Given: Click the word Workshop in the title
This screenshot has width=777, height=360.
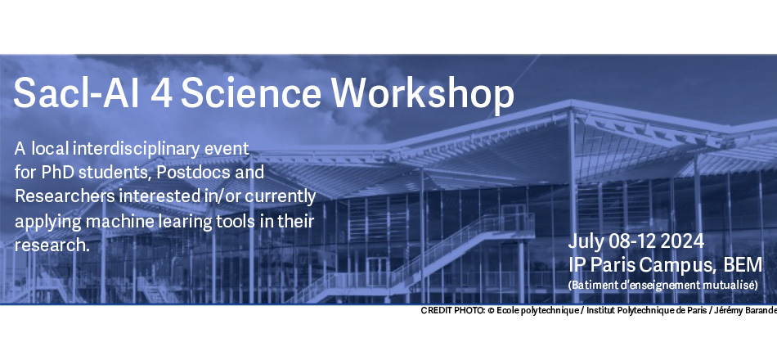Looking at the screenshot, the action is pyautogui.click(x=423, y=94).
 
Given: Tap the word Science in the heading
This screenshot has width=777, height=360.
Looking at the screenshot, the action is pyautogui.click(x=251, y=92).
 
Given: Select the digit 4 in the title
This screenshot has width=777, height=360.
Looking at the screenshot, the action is pyautogui.click(x=161, y=93).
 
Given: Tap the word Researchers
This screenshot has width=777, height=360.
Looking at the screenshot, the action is pyautogui.click(x=65, y=196).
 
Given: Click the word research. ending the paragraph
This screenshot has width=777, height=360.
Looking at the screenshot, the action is pyautogui.click(x=52, y=245).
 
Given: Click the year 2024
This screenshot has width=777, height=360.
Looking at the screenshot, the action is pyautogui.click(x=682, y=241).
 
